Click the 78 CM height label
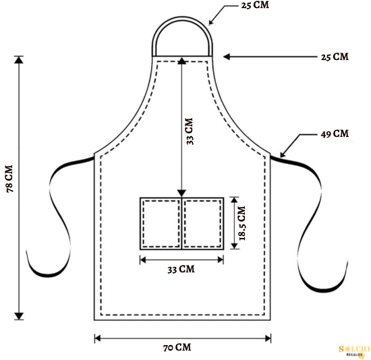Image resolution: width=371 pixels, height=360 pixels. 9,179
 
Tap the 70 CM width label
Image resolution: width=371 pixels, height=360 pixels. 177,347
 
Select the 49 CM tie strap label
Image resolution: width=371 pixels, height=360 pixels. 335,134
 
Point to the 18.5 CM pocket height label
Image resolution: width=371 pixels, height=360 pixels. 242,223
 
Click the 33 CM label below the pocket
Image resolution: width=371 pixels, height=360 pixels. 181,269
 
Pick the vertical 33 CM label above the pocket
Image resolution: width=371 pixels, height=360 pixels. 190,131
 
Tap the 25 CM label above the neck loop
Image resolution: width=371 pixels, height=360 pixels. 255,5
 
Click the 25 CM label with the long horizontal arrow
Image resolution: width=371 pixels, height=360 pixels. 335,57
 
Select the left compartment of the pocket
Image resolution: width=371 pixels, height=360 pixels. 161,224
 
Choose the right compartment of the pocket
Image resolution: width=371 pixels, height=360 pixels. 203,224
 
